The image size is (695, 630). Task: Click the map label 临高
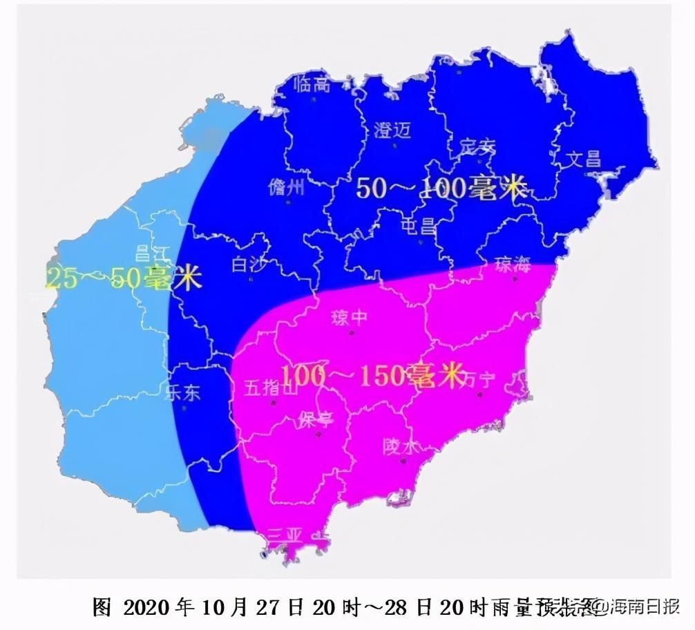coord(312,85)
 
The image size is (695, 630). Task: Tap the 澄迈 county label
coord(392,131)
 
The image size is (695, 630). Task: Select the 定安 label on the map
coord(477,146)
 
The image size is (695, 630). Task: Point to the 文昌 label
coord(584,160)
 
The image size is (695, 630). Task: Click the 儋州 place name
coord(285,187)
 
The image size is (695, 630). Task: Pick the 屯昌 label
coord(420,225)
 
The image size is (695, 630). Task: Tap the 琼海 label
coord(513,263)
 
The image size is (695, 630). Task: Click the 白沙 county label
coord(249,264)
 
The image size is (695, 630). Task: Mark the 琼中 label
coord(349,318)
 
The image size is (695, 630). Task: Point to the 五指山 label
coord(270,388)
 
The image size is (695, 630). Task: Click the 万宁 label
coord(481,379)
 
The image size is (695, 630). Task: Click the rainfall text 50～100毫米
coord(441,188)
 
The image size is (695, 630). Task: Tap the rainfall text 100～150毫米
coord(371,376)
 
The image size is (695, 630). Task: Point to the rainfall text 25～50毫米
coord(123,278)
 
